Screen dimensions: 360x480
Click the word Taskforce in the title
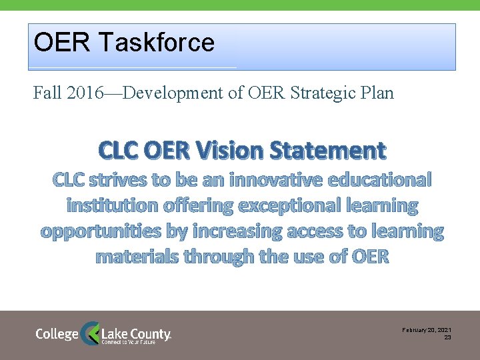pos(156,43)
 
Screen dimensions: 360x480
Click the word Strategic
pos(323,93)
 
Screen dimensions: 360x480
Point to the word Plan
pos(377,93)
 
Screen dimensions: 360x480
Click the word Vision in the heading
pos(231,151)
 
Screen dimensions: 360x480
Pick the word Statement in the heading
pos(328,151)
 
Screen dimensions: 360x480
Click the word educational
pos(383,180)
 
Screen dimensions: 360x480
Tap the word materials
pos(137,256)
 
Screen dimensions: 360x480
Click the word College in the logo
pos(57,333)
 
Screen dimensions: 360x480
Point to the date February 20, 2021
pos(427,331)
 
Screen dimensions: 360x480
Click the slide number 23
pos(447,338)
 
